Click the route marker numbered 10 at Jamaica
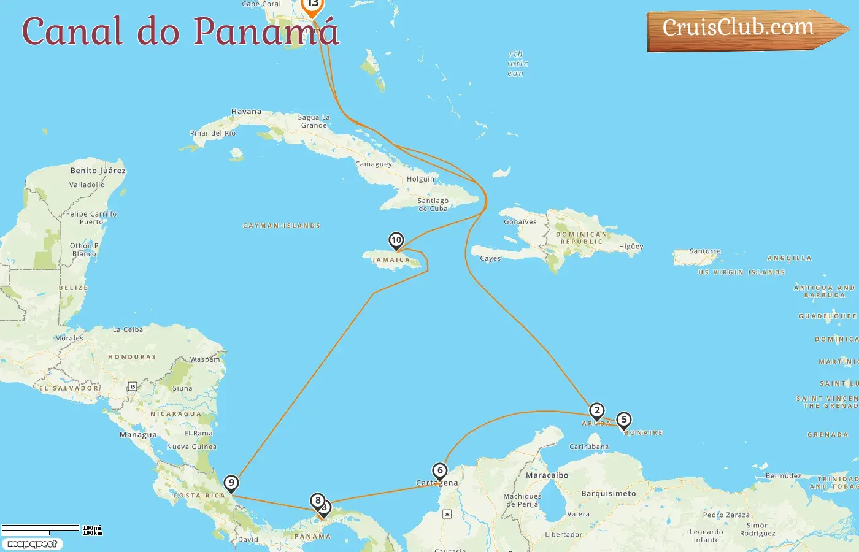click(x=396, y=240)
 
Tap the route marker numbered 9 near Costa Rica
click(x=231, y=483)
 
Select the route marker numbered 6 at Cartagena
click(x=439, y=471)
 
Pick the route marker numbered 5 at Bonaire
click(x=623, y=420)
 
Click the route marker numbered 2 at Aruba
click(x=596, y=411)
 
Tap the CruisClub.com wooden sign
click(x=742, y=29)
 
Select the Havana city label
click(x=246, y=112)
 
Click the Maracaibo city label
click(x=547, y=475)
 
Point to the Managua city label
click(x=138, y=435)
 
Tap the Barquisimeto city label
click(x=608, y=493)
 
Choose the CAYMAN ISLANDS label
click(x=282, y=226)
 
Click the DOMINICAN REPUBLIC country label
click(x=581, y=238)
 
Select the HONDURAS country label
click(x=132, y=357)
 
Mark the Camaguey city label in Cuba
click(x=373, y=164)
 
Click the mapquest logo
click(x=32, y=544)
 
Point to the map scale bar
click(x=40, y=530)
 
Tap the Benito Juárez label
click(x=98, y=171)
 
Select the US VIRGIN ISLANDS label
click(x=741, y=272)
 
